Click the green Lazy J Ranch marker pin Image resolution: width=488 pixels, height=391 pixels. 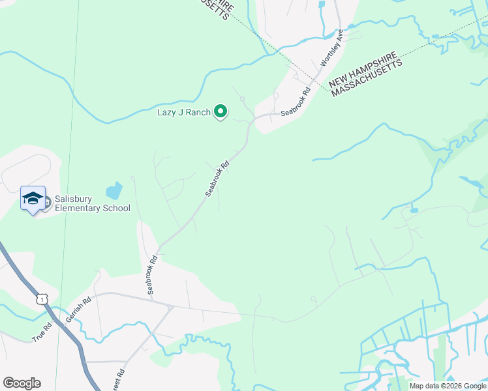tap(221, 112)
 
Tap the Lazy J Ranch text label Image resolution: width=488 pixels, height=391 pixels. tap(184, 112)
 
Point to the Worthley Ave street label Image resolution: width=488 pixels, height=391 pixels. tap(331, 48)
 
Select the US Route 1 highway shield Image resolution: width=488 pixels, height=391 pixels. tap(42, 298)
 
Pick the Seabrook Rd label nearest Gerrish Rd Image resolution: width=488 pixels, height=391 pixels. tap(153, 274)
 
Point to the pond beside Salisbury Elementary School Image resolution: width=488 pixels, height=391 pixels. tap(114, 190)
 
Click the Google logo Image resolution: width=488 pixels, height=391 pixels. tap(22, 383)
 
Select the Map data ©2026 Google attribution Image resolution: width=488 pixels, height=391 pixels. tap(448, 386)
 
